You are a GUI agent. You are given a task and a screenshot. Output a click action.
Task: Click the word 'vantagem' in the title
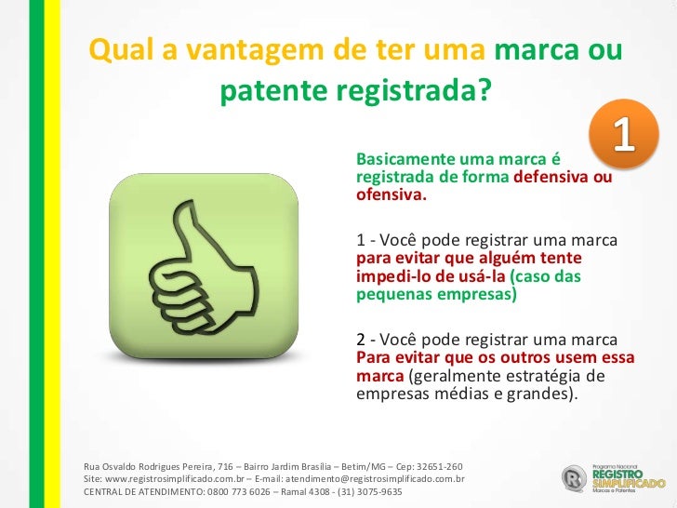tap(220, 52)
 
